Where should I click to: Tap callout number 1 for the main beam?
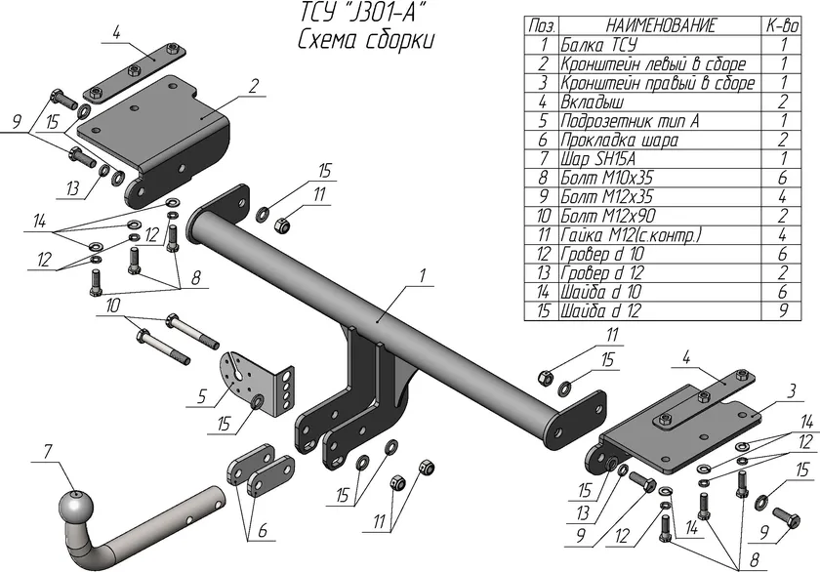coord(423,275)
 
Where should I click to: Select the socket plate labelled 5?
coord(255,385)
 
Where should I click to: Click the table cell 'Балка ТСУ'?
coord(599,45)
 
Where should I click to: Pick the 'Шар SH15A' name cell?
coord(598,159)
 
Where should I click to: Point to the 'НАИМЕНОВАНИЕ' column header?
coord(660,25)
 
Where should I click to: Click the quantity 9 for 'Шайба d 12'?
coord(783,310)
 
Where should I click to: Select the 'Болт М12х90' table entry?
coord(607,216)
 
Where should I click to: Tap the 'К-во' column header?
coord(783,25)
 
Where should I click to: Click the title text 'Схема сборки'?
coord(366,40)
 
